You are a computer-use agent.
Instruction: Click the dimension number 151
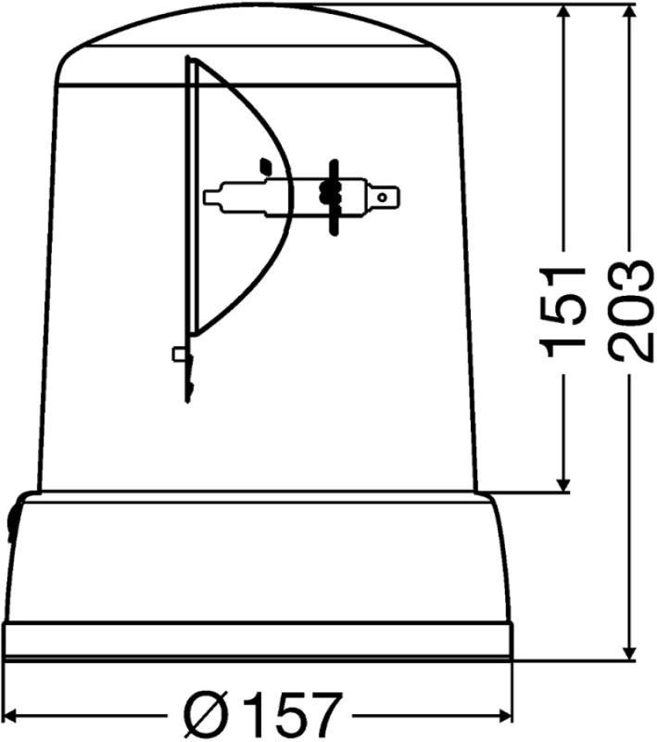564,312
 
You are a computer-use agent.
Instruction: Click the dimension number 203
630,312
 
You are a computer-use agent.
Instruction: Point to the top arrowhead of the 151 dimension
562,13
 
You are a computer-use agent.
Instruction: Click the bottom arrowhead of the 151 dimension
562,483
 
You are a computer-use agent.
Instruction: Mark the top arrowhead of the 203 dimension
629,13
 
